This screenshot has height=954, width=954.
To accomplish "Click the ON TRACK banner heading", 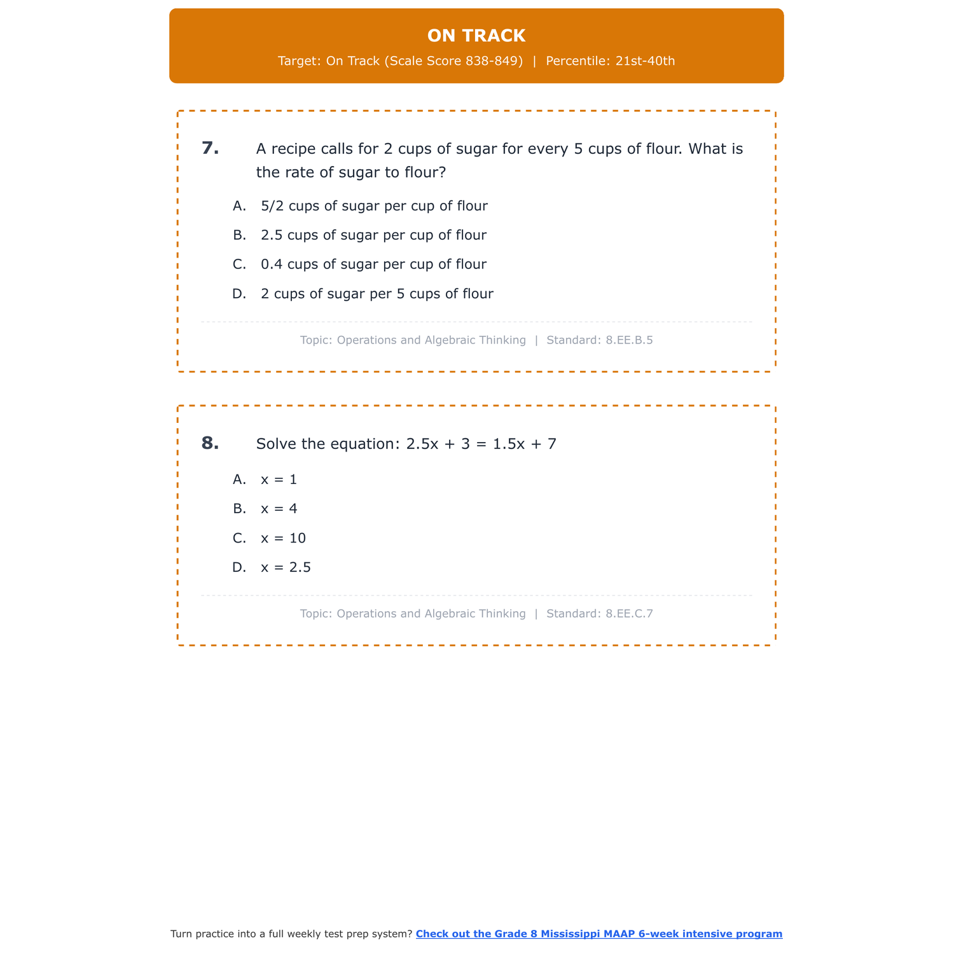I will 476,36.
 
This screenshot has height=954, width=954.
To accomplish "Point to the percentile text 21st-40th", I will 645,61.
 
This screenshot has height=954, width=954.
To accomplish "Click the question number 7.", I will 210,148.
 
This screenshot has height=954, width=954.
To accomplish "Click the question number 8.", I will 210,443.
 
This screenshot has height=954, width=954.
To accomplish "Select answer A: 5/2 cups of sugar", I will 374,206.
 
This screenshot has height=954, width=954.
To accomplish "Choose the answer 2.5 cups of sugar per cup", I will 373,235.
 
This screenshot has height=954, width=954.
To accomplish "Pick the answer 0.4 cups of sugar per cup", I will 373,265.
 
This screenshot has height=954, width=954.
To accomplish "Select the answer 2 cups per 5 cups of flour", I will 377,294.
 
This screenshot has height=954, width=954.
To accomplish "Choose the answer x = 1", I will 279,480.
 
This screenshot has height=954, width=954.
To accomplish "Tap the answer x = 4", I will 279,509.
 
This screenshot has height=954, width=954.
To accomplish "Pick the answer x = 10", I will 283,539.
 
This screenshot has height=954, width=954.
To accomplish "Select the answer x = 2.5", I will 286,568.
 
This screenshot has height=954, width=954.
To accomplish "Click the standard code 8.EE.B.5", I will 629,340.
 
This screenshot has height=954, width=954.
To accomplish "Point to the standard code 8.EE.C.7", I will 629,614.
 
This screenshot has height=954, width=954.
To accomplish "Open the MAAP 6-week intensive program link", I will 598,934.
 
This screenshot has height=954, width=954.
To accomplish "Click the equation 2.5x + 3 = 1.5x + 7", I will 481,444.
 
